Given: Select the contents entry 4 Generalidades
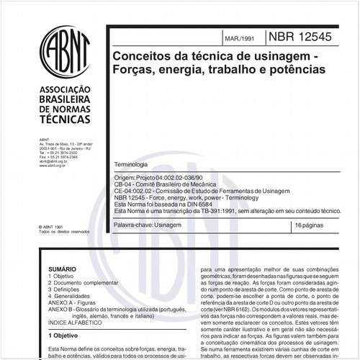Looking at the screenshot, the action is click(73, 294).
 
